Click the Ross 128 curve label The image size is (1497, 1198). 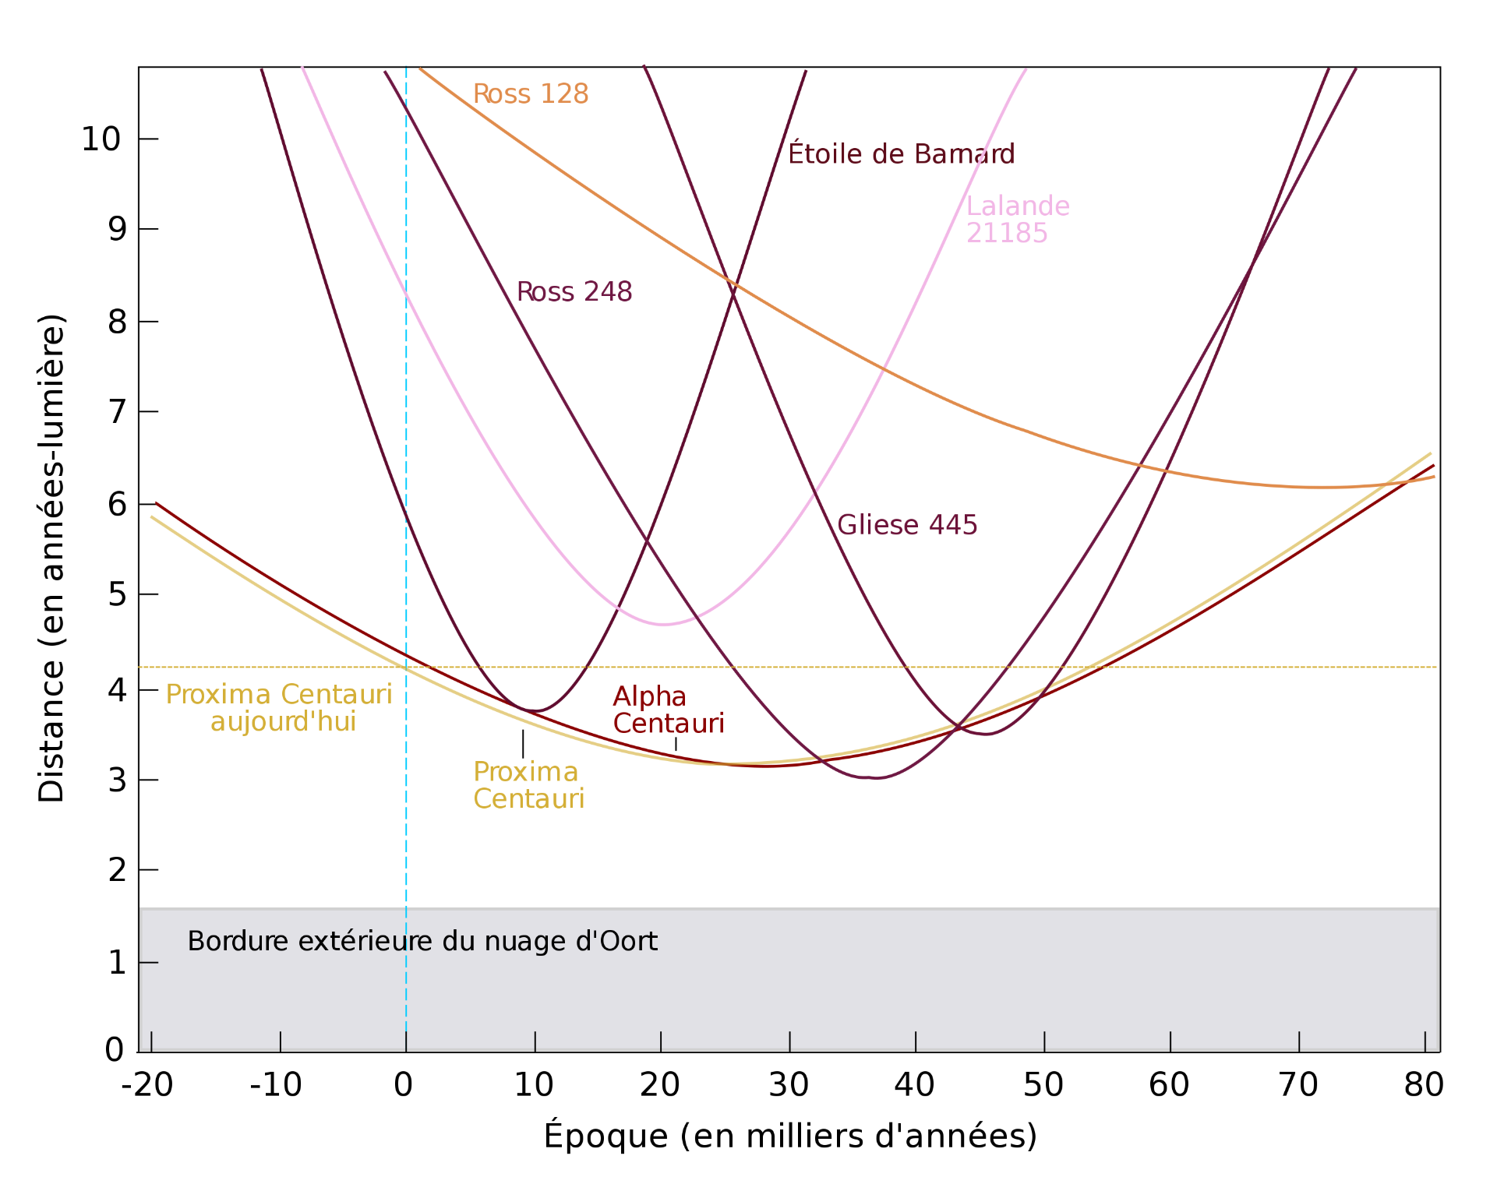click(530, 94)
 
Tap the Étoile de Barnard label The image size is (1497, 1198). click(901, 153)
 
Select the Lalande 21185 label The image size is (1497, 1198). click(1017, 220)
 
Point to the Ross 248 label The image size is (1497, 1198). click(574, 292)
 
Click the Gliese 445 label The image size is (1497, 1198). click(906, 525)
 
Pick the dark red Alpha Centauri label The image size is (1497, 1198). click(668, 710)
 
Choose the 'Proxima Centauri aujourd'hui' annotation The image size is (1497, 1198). click(279, 708)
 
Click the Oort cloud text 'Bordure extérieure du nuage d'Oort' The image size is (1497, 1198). click(422, 942)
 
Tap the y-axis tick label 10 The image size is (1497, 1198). click(101, 139)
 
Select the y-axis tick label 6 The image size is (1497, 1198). click(117, 505)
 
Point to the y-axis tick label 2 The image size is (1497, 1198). click(117, 870)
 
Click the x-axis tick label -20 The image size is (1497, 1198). click(147, 1085)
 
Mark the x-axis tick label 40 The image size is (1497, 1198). click(914, 1085)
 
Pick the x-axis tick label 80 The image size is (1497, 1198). click(1424, 1085)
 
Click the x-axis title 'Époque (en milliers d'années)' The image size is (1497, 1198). click(790, 1136)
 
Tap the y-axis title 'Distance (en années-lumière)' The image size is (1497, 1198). click(51, 558)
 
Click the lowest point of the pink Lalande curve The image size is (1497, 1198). click(663, 624)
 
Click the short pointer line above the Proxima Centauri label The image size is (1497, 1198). click(523, 744)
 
